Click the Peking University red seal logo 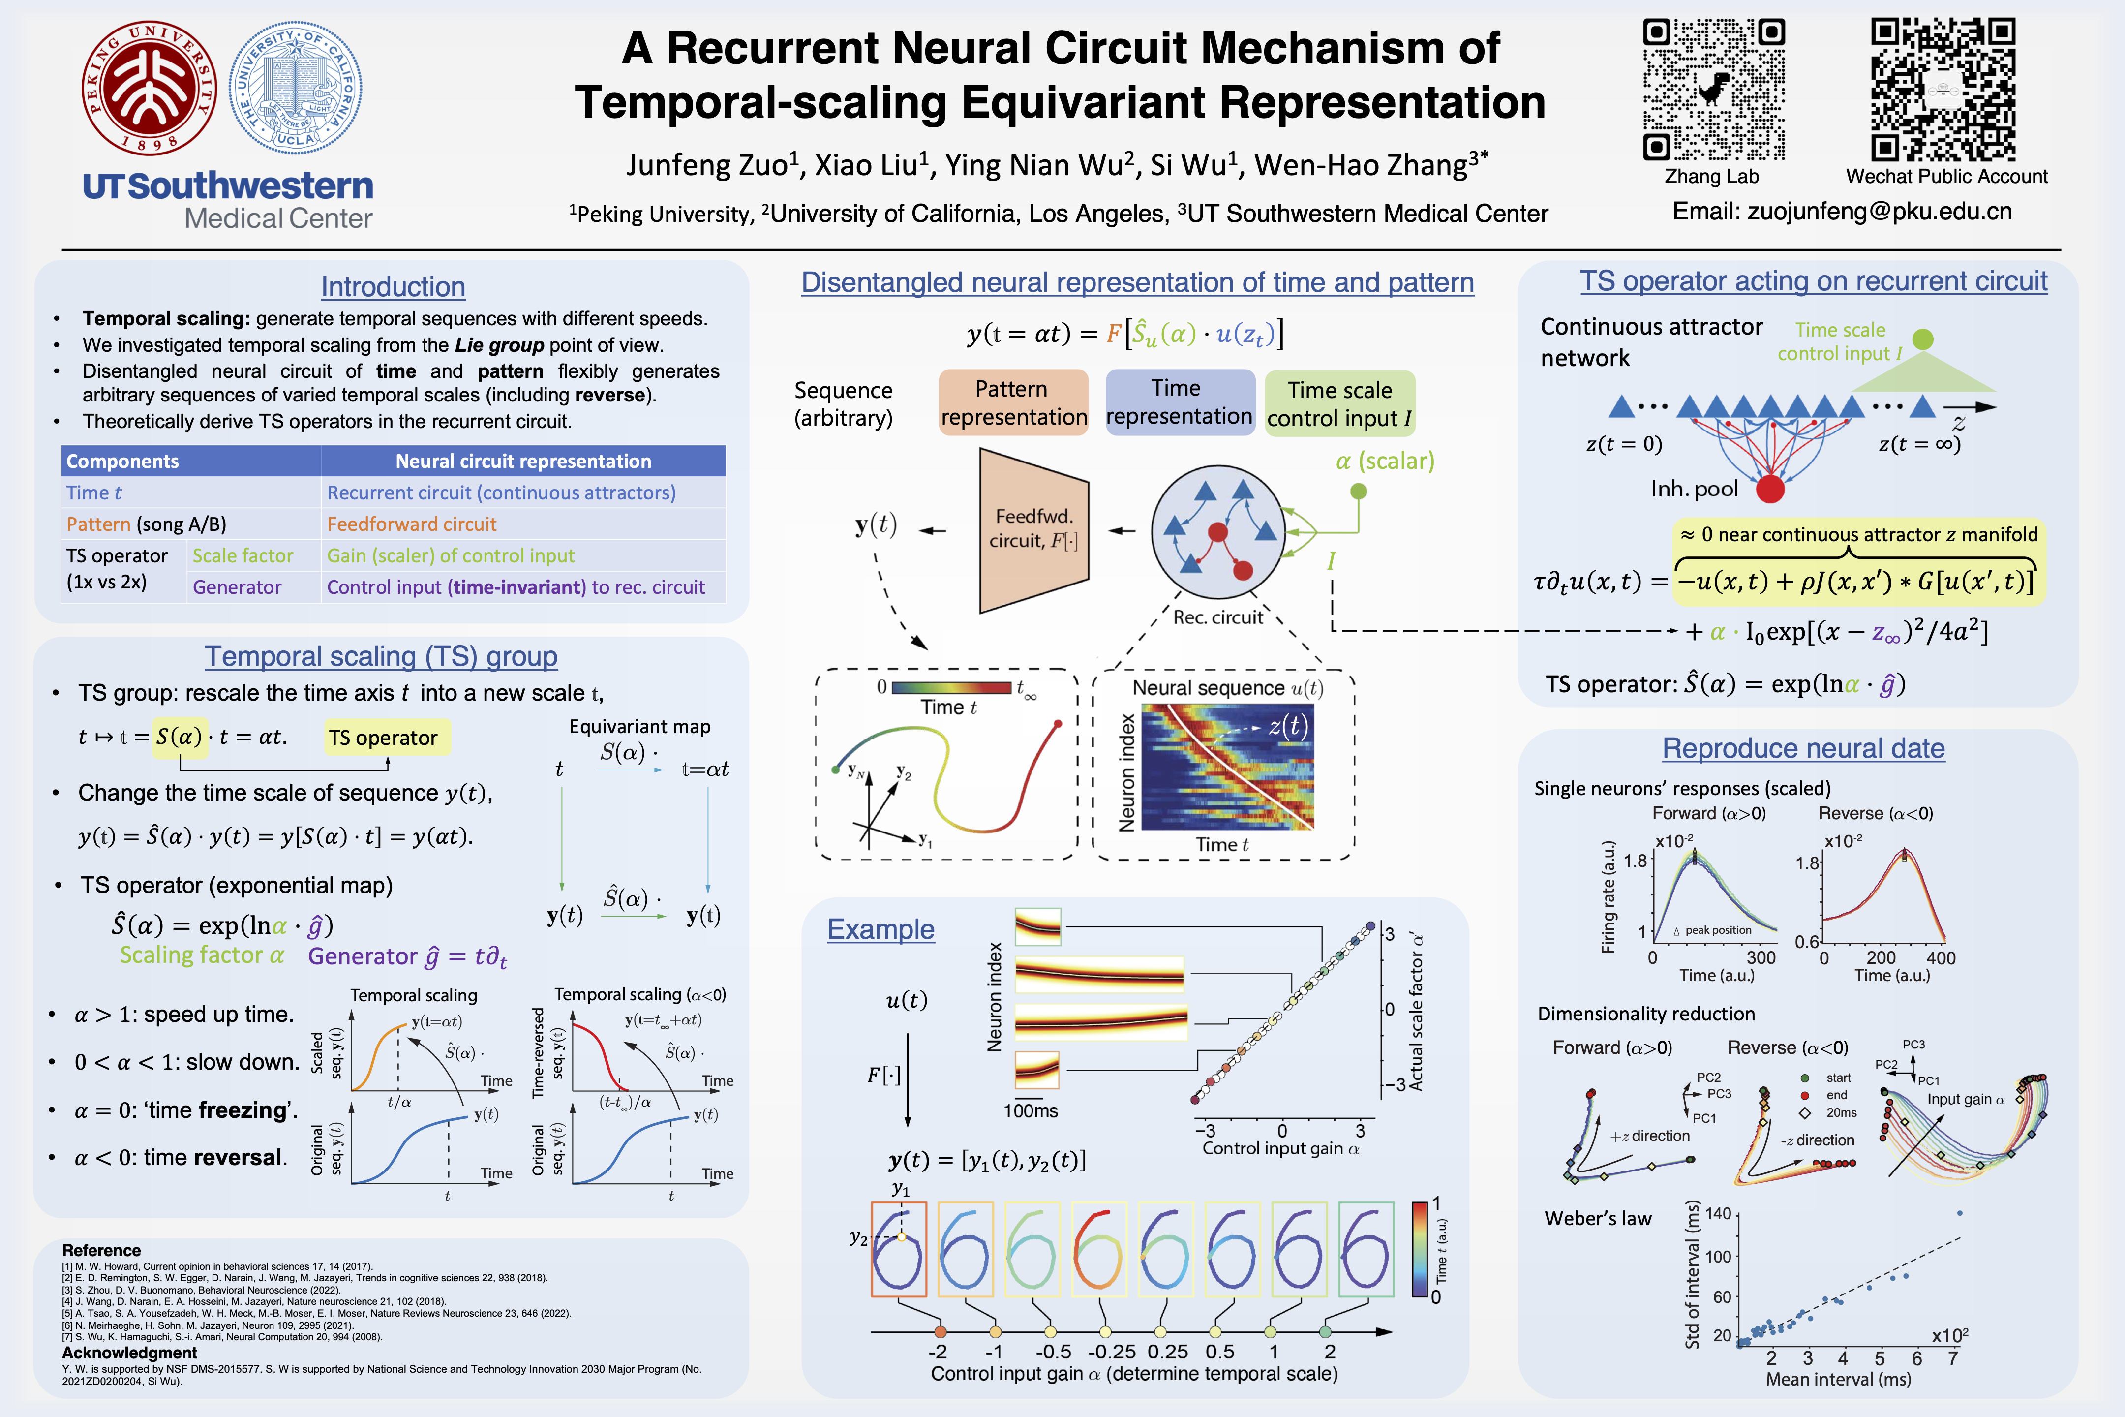pos(149,88)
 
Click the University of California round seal pos(296,88)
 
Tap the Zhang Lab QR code pos(1712,90)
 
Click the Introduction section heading pos(393,286)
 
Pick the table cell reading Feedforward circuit pos(412,524)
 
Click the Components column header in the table pos(123,461)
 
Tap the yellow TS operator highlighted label pos(383,738)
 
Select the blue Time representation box pos(1179,402)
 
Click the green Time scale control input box pos(1340,404)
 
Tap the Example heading pos(881,929)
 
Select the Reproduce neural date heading pos(1803,748)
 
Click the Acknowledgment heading pos(129,1353)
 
